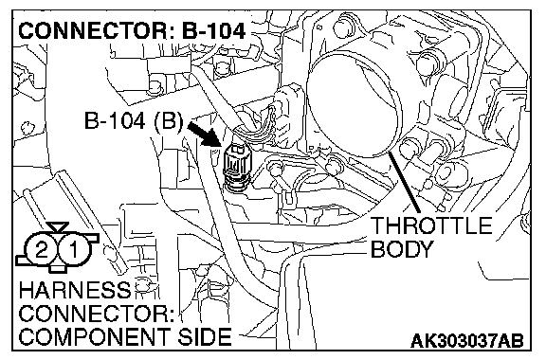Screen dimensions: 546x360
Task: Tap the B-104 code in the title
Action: (x=214, y=31)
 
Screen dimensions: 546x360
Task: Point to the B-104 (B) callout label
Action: (x=134, y=121)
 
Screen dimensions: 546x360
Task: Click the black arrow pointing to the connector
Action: (x=205, y=134)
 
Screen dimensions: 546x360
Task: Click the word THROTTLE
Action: (x=431, y=225)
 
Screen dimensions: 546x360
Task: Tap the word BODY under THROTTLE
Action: (x=402, y=249)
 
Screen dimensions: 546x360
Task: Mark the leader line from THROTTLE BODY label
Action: (x=405, y=184)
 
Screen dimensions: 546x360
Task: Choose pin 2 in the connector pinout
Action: (x=42, y=250)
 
